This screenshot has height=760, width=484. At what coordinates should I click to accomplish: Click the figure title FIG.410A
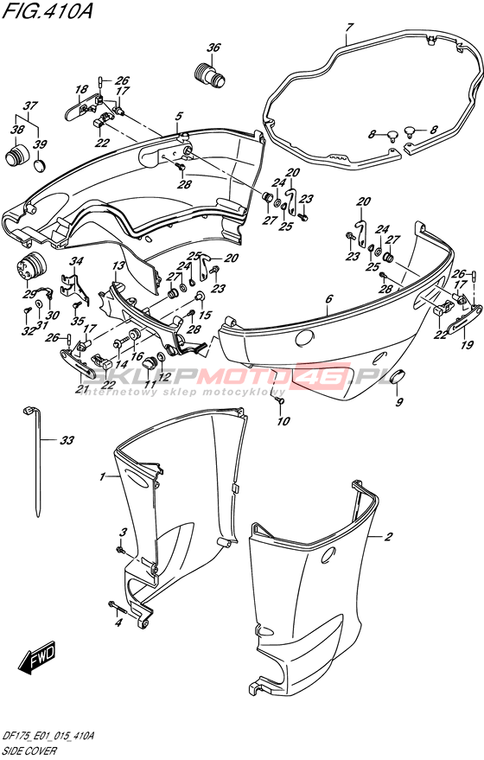(47, 11)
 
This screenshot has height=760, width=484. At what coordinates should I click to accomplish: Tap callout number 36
(213, 48)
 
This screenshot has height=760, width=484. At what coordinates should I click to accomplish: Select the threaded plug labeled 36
(209, 75)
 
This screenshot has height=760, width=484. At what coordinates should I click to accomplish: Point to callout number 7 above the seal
(350, 28)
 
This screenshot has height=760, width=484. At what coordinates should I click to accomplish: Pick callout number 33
(67, 440)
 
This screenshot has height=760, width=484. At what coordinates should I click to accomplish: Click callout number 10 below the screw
(283, 421)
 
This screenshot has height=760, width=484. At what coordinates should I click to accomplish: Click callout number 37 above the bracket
(30, 105)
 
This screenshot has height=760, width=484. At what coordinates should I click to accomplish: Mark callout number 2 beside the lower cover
(389, 537)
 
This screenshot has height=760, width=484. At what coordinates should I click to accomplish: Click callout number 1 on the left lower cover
(102, 477)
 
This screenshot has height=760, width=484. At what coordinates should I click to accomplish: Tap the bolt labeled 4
(117, 606)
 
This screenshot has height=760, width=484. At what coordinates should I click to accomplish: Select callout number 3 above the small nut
(123, 533)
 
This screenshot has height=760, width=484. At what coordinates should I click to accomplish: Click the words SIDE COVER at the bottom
(29, 750)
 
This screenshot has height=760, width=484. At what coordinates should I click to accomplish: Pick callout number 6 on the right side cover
(329, 299)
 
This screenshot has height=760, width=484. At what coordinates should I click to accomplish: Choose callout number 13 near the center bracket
(118, 265)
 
